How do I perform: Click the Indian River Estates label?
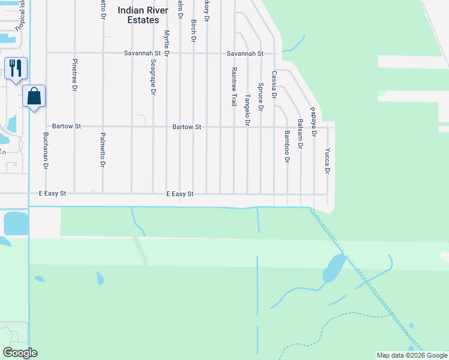(139, 15)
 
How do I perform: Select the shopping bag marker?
(34, 96)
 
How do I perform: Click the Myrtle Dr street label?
(167, 43)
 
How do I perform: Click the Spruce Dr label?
(261, 97)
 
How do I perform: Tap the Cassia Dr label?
(274, 85)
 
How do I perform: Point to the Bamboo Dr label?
(287, 147)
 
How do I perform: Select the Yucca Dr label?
(327, 161)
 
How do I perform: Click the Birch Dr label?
(193, 31)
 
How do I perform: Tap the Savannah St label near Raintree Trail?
(245, 53)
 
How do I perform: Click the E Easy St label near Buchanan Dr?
(52, 194)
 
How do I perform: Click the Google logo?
(20, 353)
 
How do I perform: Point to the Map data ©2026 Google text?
(412, 355)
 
